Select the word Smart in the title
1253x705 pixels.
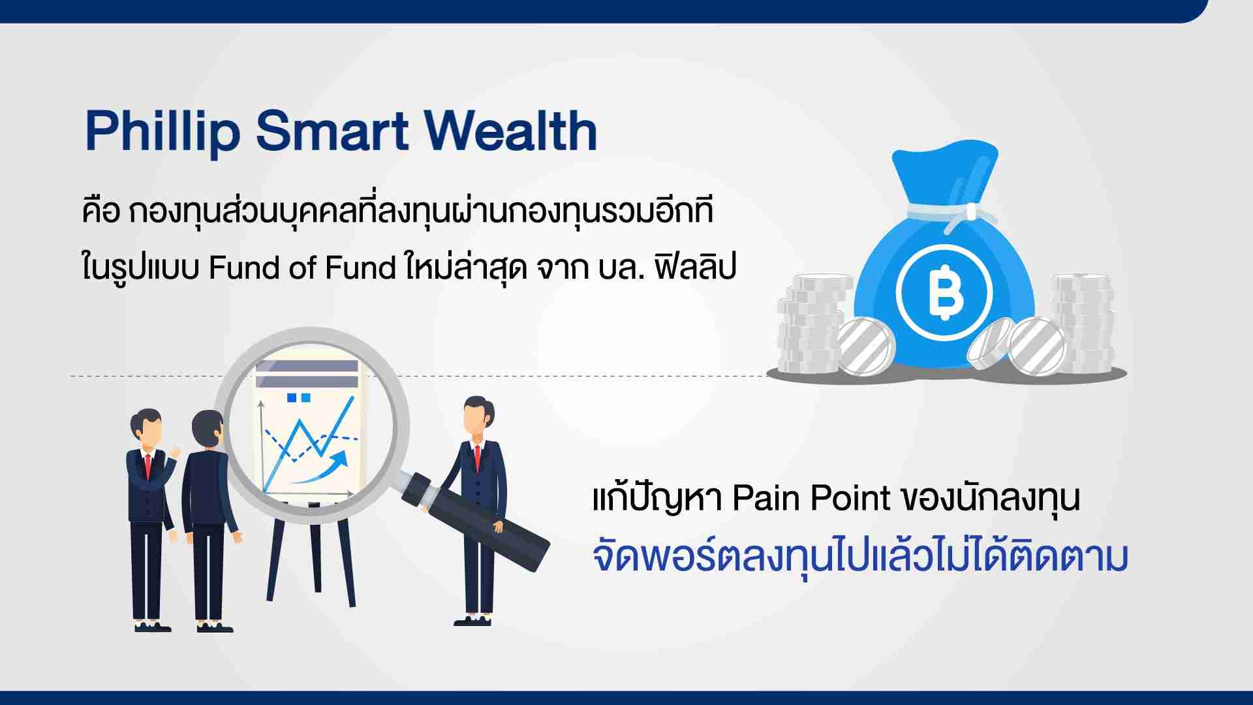[332, 131]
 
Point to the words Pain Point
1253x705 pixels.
[811, 499]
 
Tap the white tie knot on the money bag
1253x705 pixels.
[971, 211]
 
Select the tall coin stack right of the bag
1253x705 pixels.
[1082, 324]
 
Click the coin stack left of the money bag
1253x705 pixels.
[813, 324]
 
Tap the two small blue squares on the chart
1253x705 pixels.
[299, 397]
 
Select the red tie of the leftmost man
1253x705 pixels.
[148, 464]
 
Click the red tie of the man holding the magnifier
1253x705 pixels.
[478, 457]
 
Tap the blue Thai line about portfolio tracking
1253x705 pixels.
[860, 558]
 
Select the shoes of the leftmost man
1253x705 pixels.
[153, 627]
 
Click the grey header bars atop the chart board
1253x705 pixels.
[307, 374]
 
